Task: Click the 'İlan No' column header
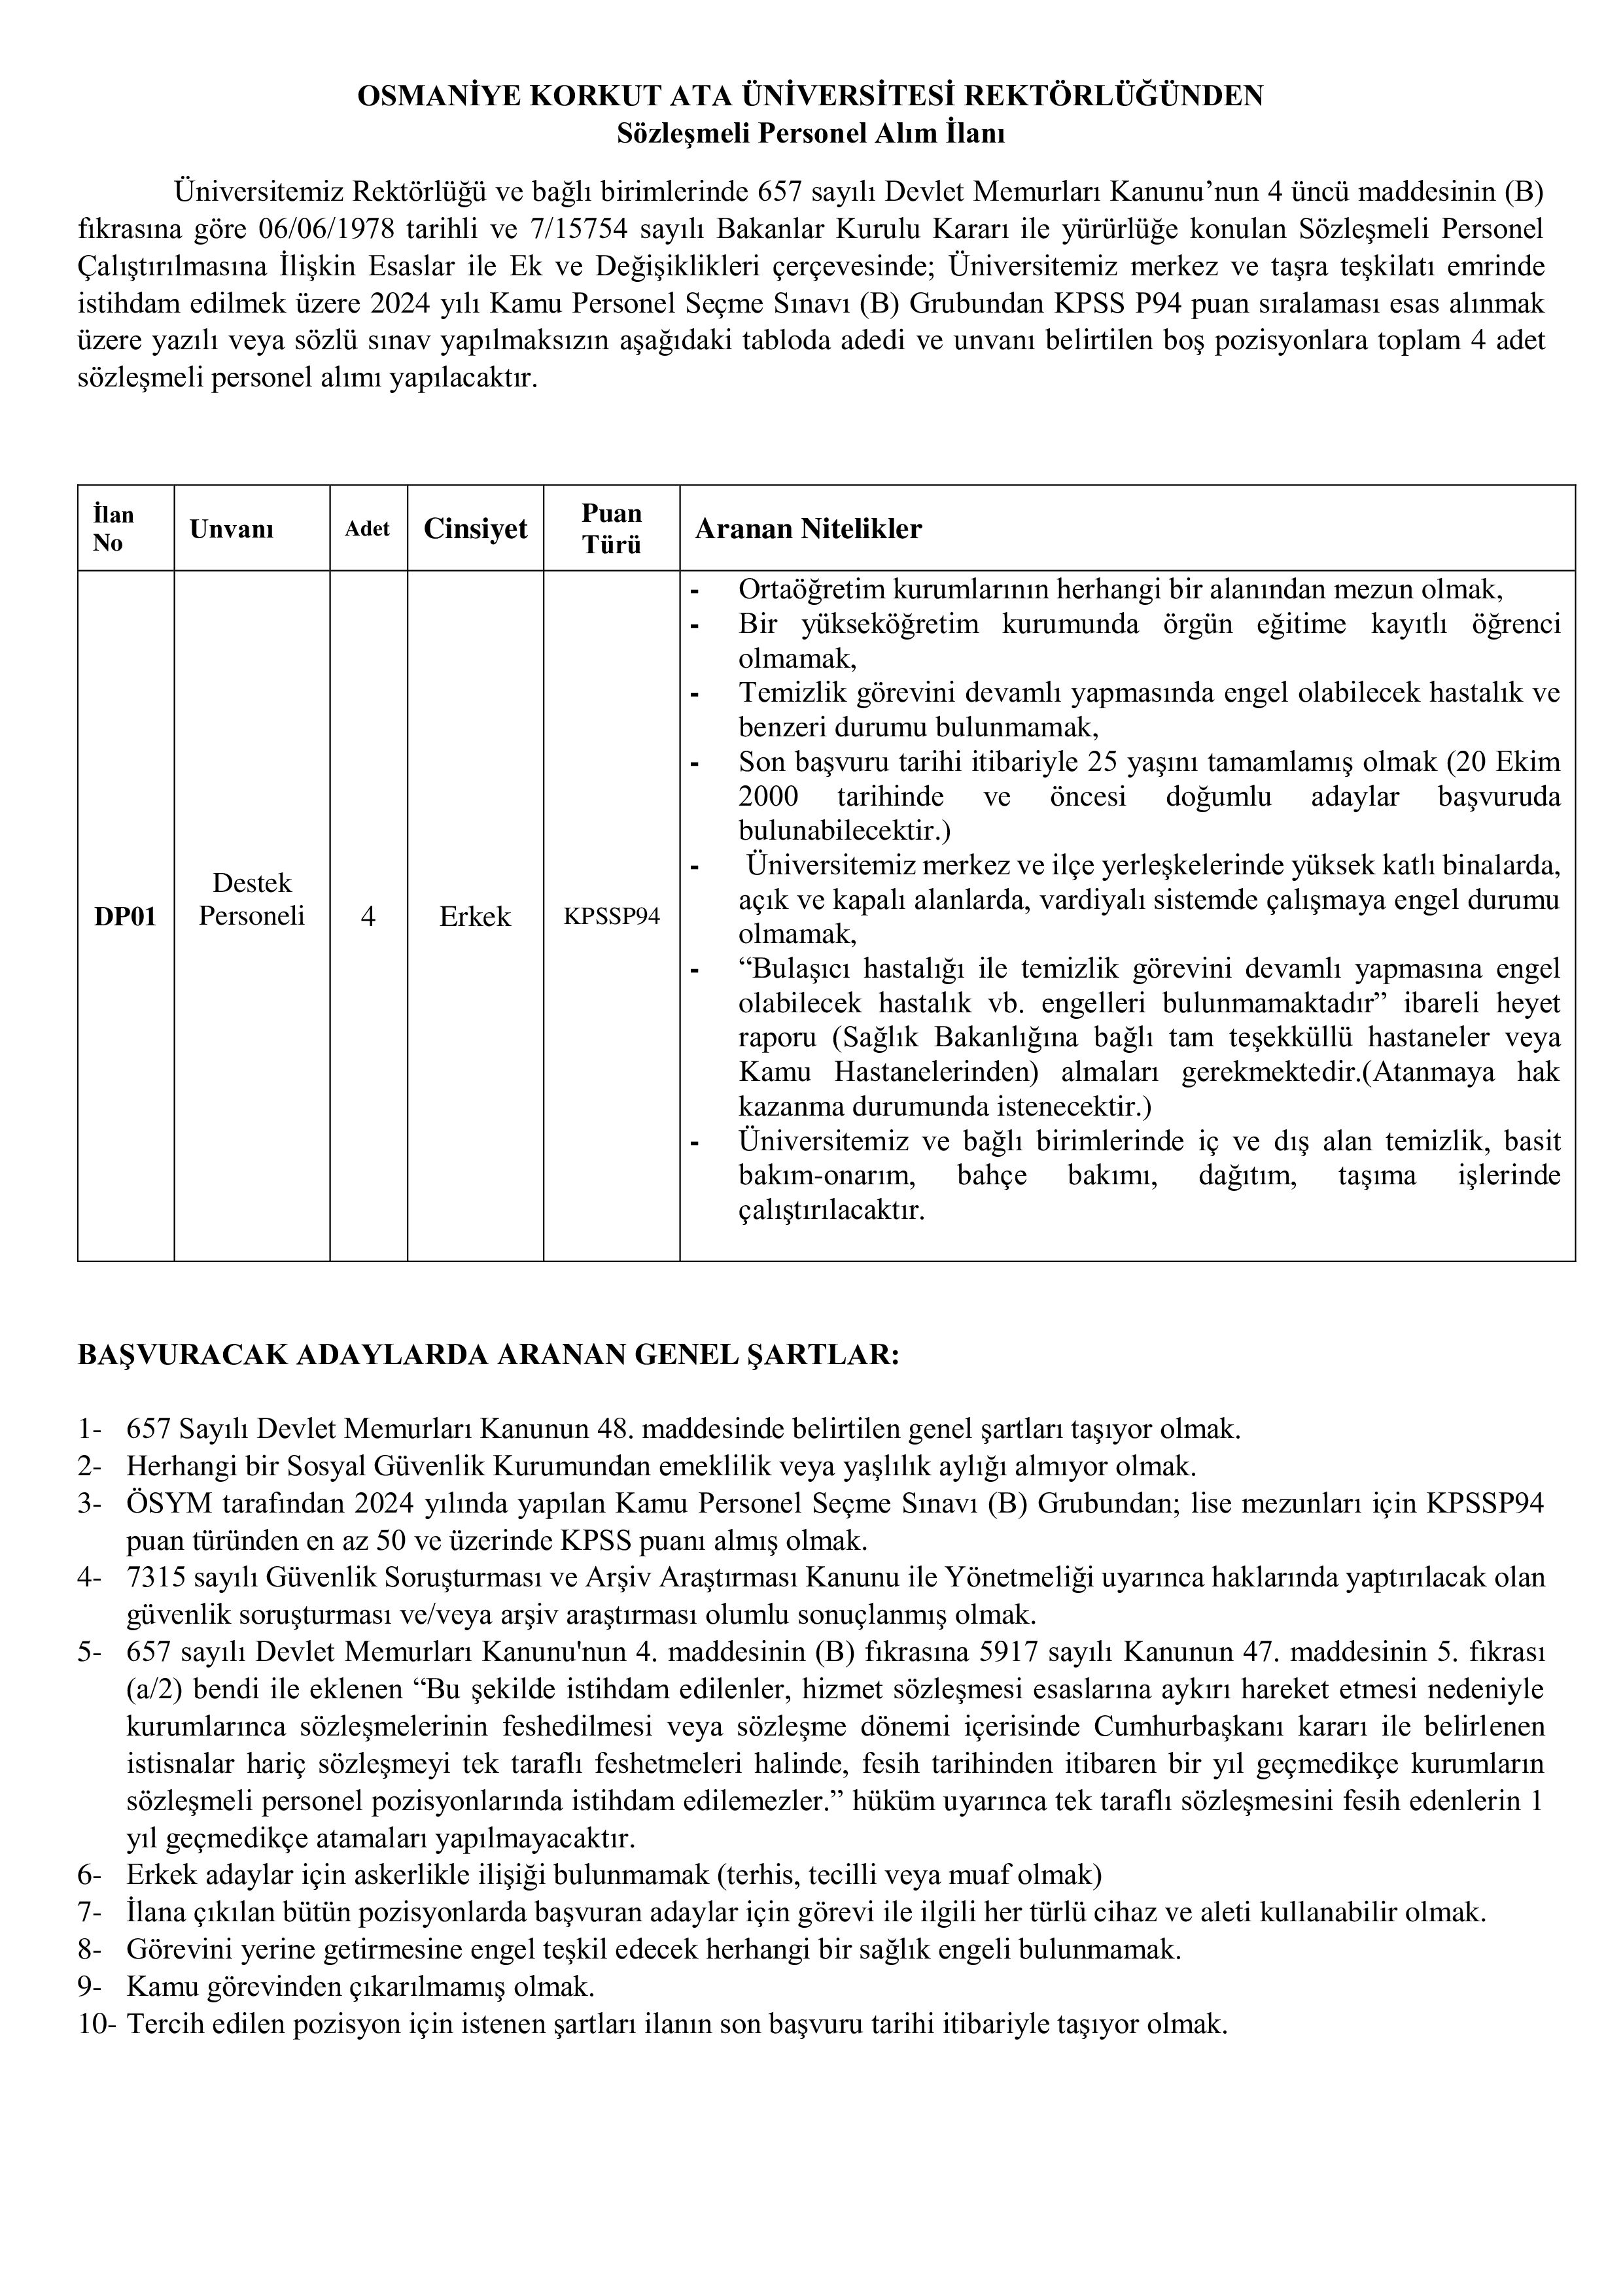click(113, 528)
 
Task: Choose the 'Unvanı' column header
click(232, 530)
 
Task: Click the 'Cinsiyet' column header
click(476, 528)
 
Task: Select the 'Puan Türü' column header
click(612, 528)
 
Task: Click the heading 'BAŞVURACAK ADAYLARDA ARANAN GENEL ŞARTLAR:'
click(489, 1355)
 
